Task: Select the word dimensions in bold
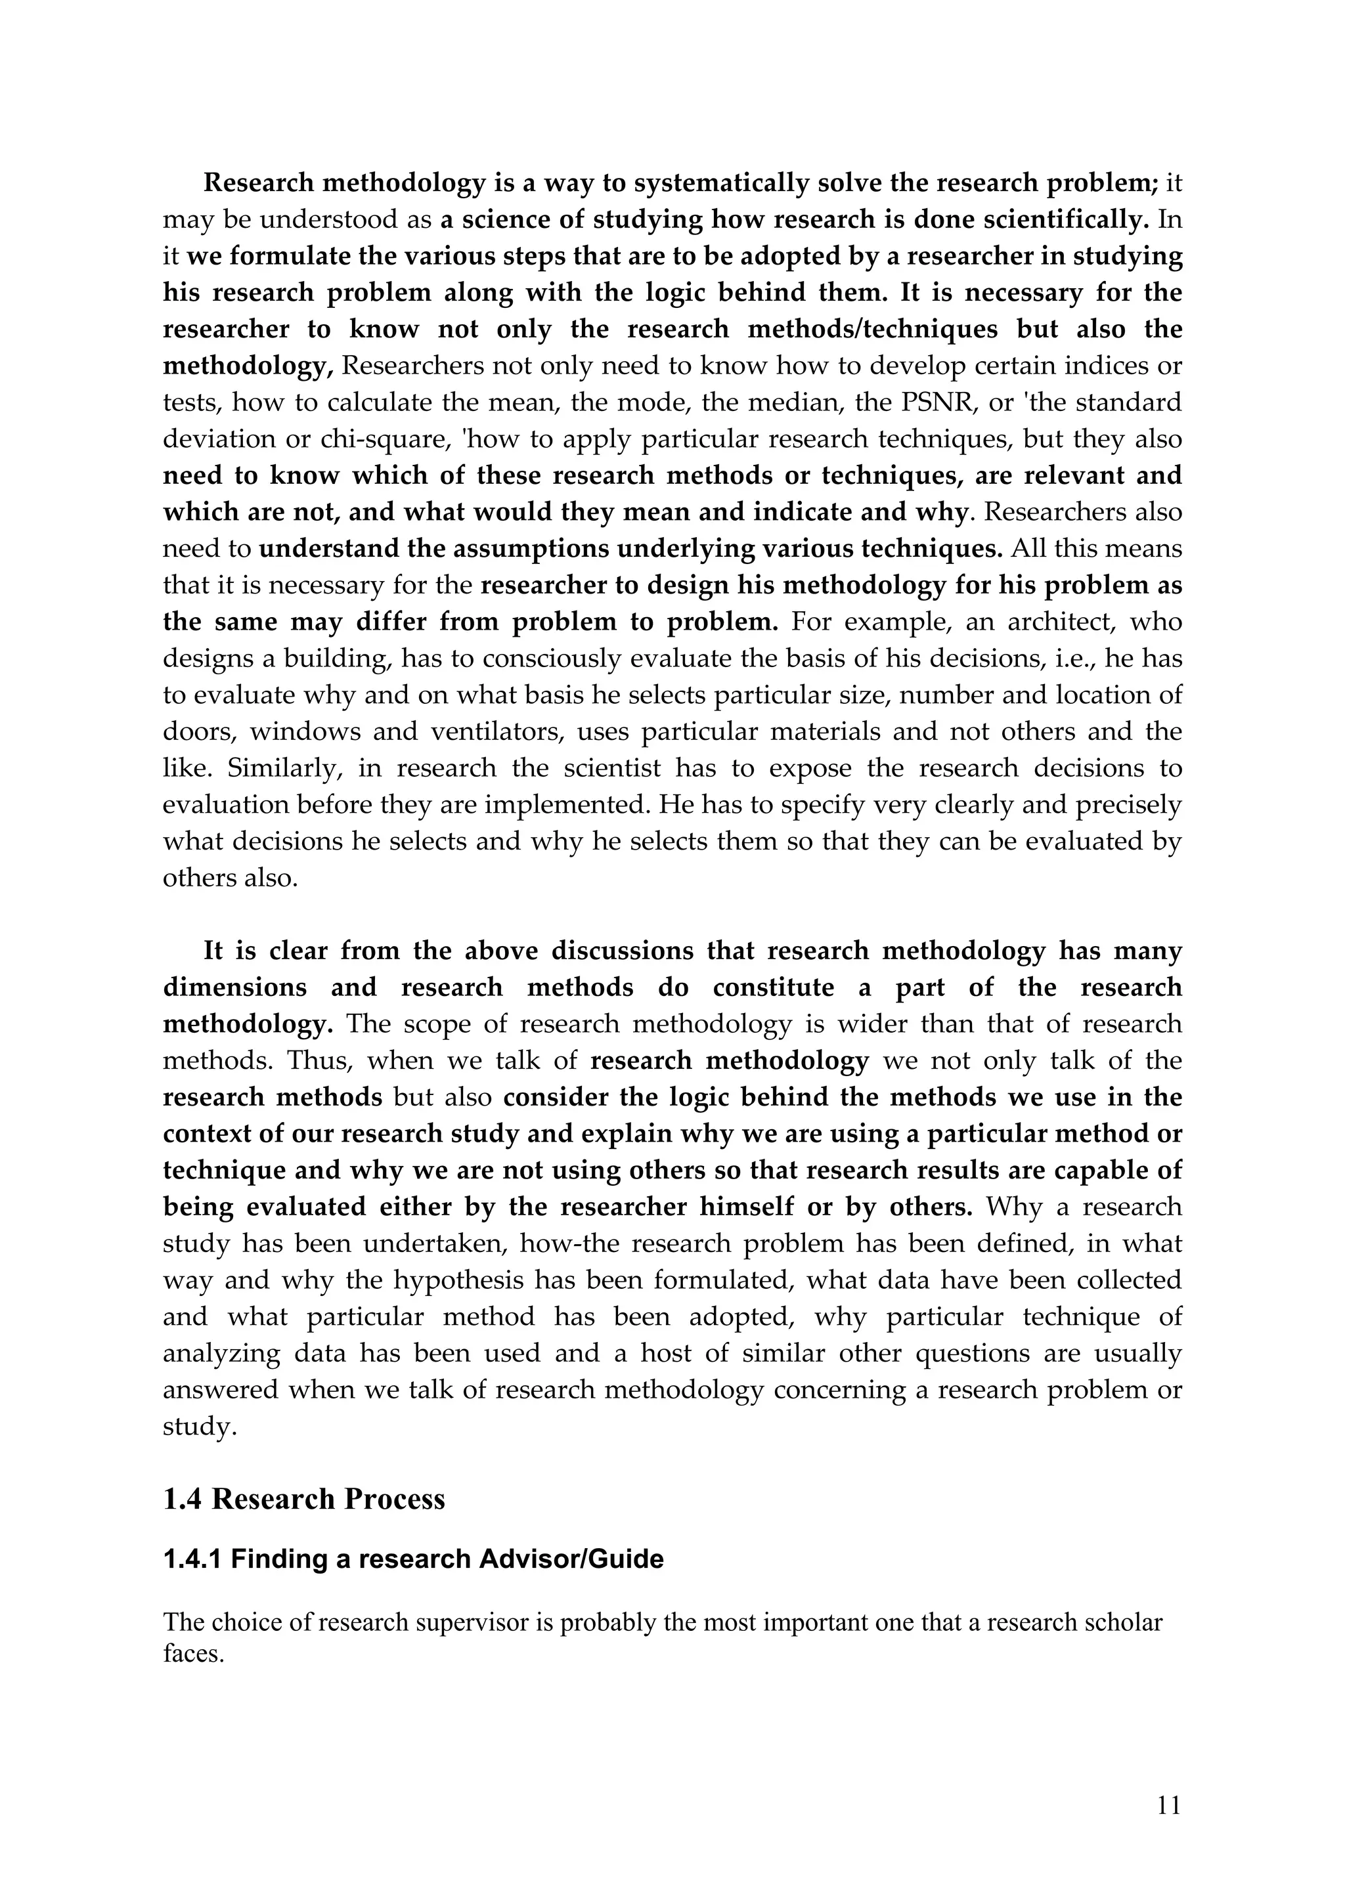[234, 987]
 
